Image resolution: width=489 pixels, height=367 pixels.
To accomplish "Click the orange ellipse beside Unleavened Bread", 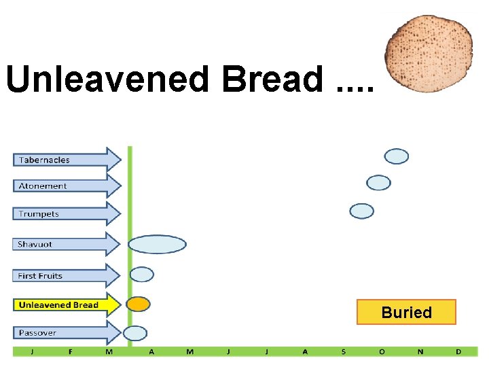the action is point(138,304).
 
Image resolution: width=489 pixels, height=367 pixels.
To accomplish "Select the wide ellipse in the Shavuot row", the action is point(157,244).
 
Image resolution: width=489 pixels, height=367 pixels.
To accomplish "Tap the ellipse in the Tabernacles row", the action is point(397,156).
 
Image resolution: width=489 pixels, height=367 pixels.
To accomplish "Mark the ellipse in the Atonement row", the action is point(378,182).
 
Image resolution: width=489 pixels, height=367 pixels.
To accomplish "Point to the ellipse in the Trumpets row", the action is point(361,211).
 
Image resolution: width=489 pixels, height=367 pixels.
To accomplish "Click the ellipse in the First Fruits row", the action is point(141,275).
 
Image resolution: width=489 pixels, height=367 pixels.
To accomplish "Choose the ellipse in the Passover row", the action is point(135,333).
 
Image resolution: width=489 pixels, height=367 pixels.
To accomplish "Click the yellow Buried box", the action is point(406,313).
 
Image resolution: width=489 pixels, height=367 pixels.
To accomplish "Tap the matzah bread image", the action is point(429,53).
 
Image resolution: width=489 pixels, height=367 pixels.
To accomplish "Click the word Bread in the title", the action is point(272,80).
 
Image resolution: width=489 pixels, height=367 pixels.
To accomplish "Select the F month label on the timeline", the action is point(71,351).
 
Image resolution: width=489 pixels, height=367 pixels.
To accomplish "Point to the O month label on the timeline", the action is point(382,351).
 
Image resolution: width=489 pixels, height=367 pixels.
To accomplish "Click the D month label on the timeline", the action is point(458,351).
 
